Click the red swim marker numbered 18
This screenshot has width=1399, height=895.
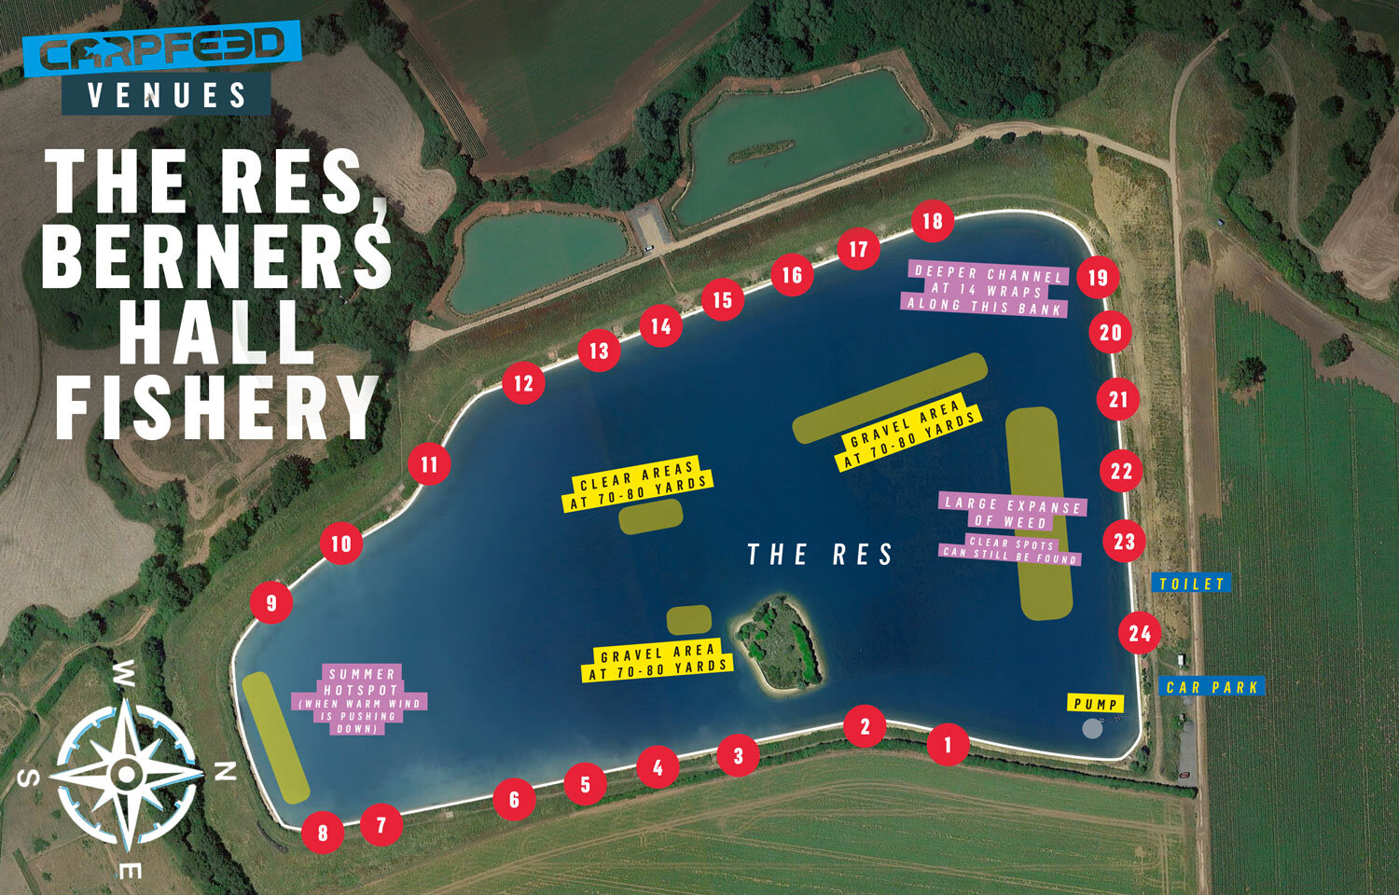pyautogui.click(x=932, y=221)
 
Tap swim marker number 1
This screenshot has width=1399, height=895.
pyautogui.click(x=948, y=745)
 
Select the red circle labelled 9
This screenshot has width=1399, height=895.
pyautogui.click(x=271, y=602)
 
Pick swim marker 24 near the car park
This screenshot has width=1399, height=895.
pyautogui.click(x=1140, y=634)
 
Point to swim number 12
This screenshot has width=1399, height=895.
pyautogui.click(x=523, y=383)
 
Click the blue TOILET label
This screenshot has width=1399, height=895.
pyautogui.click(x=1191, y=584)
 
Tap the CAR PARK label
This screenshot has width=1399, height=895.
pyautogui.click(x=1212, y=687)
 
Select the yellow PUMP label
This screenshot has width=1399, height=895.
pyautogui.click(x=1095, y=704)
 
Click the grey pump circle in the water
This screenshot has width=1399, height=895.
pyautogui.click(x=1091, y=728)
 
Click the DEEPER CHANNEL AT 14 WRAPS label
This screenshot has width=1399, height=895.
pyautogui.click(x=987, y=290)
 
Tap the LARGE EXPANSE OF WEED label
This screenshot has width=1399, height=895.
pyautogui.click(x=1012, y=513)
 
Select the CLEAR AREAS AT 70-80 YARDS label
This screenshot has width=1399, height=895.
pyautogui.click(x=638, y=485)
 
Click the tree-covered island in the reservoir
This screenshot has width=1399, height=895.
pyautogui.click(x=780, y=643)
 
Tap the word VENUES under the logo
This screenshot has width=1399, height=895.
pyautogui.click(x=167, y=95)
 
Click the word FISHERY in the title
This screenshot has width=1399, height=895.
pyautogui.click(x=216, y=407)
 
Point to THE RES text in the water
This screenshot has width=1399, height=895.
pyautogui.click(x=820, y=555)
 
